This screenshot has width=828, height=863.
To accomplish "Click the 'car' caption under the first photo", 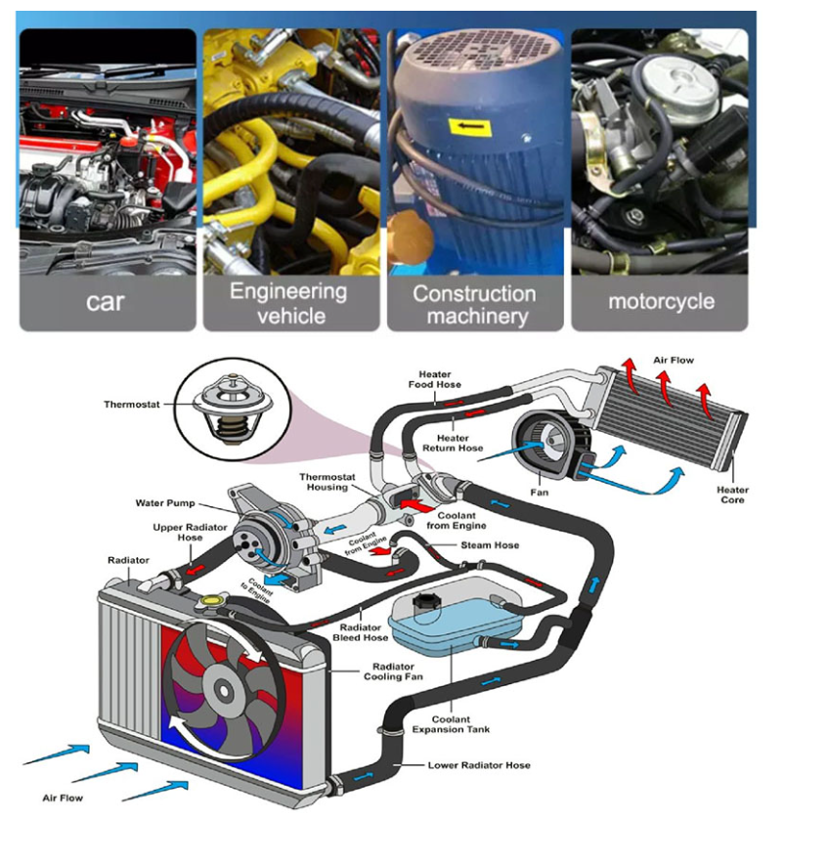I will [x=106, y=301].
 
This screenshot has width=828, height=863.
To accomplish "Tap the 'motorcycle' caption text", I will [x=661, y=301].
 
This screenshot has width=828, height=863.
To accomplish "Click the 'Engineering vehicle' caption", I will [x=288, y=303].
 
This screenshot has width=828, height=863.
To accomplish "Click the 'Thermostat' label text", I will [x=132, y=405].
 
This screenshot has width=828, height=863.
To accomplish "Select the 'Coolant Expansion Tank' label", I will [x=451, y=724].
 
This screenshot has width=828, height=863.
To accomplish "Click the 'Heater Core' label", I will [x=732, y=495].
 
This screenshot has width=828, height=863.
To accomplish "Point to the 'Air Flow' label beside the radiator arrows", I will [x=63, y=798].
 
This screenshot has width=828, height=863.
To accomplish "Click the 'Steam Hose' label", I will [x=490, y=545].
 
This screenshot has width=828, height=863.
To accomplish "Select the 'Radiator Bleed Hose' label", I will [x=360, y=632].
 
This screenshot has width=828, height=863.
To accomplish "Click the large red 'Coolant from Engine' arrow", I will [x=411, y=507].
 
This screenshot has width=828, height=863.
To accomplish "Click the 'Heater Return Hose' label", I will [x=453, y=443].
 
